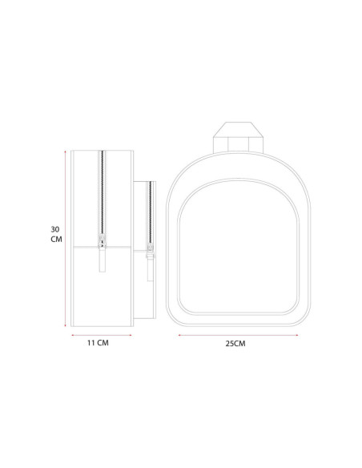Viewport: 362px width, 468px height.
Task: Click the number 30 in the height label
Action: [55, 229]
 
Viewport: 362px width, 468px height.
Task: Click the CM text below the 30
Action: [56, 240]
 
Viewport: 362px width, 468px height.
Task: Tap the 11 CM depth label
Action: [98, 343]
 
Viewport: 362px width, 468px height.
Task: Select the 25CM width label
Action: [235, 344]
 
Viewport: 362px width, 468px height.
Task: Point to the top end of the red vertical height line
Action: [65, 151]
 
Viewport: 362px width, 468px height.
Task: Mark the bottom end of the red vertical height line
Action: [65, 326]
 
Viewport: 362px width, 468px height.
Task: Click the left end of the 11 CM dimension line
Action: [72, 335]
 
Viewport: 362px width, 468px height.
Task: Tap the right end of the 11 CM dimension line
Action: [131, 335]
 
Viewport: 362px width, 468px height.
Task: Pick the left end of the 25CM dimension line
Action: [179, 335]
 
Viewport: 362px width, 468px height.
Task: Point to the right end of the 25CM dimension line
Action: [297, 335]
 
